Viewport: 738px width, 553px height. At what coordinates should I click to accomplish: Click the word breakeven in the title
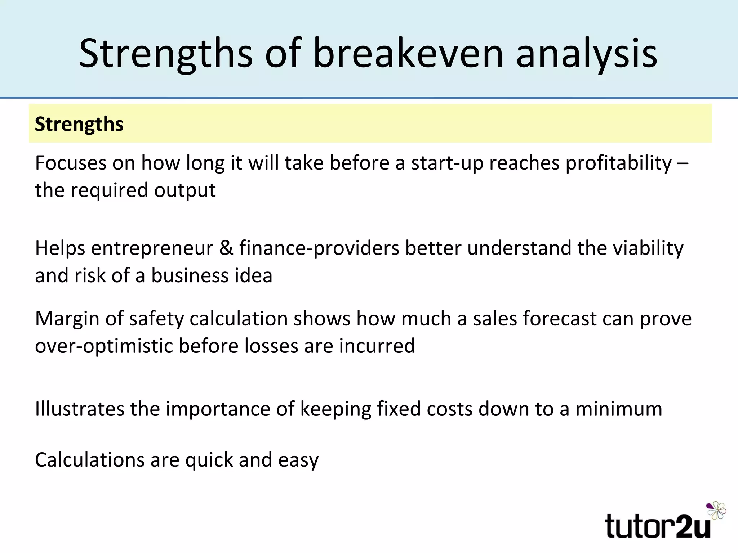pos(408,54)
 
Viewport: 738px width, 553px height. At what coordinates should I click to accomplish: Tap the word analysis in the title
pos(587,54)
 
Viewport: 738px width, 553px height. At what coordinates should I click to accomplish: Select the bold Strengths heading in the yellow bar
pos(79,124)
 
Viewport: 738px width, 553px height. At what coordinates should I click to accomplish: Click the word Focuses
pos(71,163)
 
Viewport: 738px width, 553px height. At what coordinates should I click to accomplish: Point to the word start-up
pos(447,163)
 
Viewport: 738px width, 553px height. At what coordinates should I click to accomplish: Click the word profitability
pos(618,163)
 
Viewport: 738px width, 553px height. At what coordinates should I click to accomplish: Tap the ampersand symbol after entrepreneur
pos(226,248)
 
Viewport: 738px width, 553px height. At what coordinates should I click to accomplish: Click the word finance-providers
pos(319,248)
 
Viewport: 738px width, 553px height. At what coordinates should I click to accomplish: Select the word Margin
pos(67,319)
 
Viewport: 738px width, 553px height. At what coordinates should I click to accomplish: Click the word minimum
pos(619,409)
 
